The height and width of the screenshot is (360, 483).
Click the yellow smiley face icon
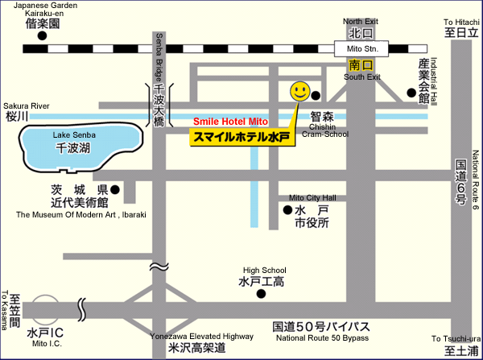299,91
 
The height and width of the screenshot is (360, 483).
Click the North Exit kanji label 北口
359,34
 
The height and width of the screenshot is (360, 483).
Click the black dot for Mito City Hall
288,210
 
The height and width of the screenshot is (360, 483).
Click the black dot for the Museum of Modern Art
117,190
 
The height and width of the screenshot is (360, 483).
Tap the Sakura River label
27,106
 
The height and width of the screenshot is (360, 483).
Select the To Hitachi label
461,22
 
